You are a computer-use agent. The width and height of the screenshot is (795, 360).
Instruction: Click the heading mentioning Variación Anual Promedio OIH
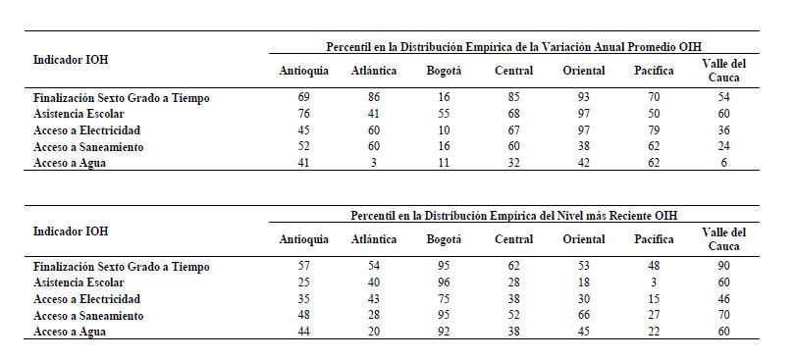pyautogui.click(x=513, y=47)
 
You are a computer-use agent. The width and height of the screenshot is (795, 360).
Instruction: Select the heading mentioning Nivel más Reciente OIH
pyautogui.click(x=513, y=216)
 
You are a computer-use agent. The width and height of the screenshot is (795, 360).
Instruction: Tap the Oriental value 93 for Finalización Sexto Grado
pyautogui.click(x=584, y=97)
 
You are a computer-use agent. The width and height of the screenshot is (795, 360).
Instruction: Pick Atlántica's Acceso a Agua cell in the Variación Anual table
pyautogui.click(x=374, y=163)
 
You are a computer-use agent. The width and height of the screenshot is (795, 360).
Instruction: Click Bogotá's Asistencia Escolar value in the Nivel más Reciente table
pyautogui.click(x=443, y=282)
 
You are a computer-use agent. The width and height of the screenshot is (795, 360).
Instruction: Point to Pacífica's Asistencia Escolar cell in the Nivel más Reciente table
pyautogui.click(x=654, y=282)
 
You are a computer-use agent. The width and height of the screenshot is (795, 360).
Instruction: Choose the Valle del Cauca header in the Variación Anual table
pyautogui.click(x=724, y=71)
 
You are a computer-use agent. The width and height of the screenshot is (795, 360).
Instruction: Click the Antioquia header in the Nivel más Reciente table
pyautogui.click(x=303, y=239)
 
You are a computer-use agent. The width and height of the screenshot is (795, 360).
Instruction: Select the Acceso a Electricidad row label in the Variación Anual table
pyautogui.click(x=86, y=130)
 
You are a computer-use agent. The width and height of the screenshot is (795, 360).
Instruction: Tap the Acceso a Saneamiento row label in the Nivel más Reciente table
pyautogui.click(x=88, y=316)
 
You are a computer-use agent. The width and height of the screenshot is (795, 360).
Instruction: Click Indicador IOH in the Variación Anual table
pyautogui.click(x=71, y=59)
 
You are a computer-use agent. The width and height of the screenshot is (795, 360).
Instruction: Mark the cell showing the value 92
pyautogui.click(x=443, y=332)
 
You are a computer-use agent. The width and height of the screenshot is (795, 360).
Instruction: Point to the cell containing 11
pyautogui.click(x=443, y=163)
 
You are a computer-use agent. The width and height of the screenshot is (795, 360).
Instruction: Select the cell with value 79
pyautogui.click(x=654, y=130)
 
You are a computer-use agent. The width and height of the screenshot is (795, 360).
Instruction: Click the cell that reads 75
pyautogui.click(x=443, y=298)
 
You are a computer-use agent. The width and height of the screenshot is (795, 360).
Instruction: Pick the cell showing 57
pyautogui.click(x=303, y=266)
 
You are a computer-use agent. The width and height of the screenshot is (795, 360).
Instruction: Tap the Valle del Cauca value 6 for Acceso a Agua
pyautogui.click(x=724, y=163)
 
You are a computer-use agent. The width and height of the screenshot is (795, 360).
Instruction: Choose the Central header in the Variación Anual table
pyautogui.click(x=513, y=71)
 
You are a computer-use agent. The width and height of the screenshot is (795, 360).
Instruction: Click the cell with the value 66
pyautogui.click(x=584, y=316)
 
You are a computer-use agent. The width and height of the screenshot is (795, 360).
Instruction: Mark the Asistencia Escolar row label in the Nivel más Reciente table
pyautogui.click(x=79, y=283)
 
